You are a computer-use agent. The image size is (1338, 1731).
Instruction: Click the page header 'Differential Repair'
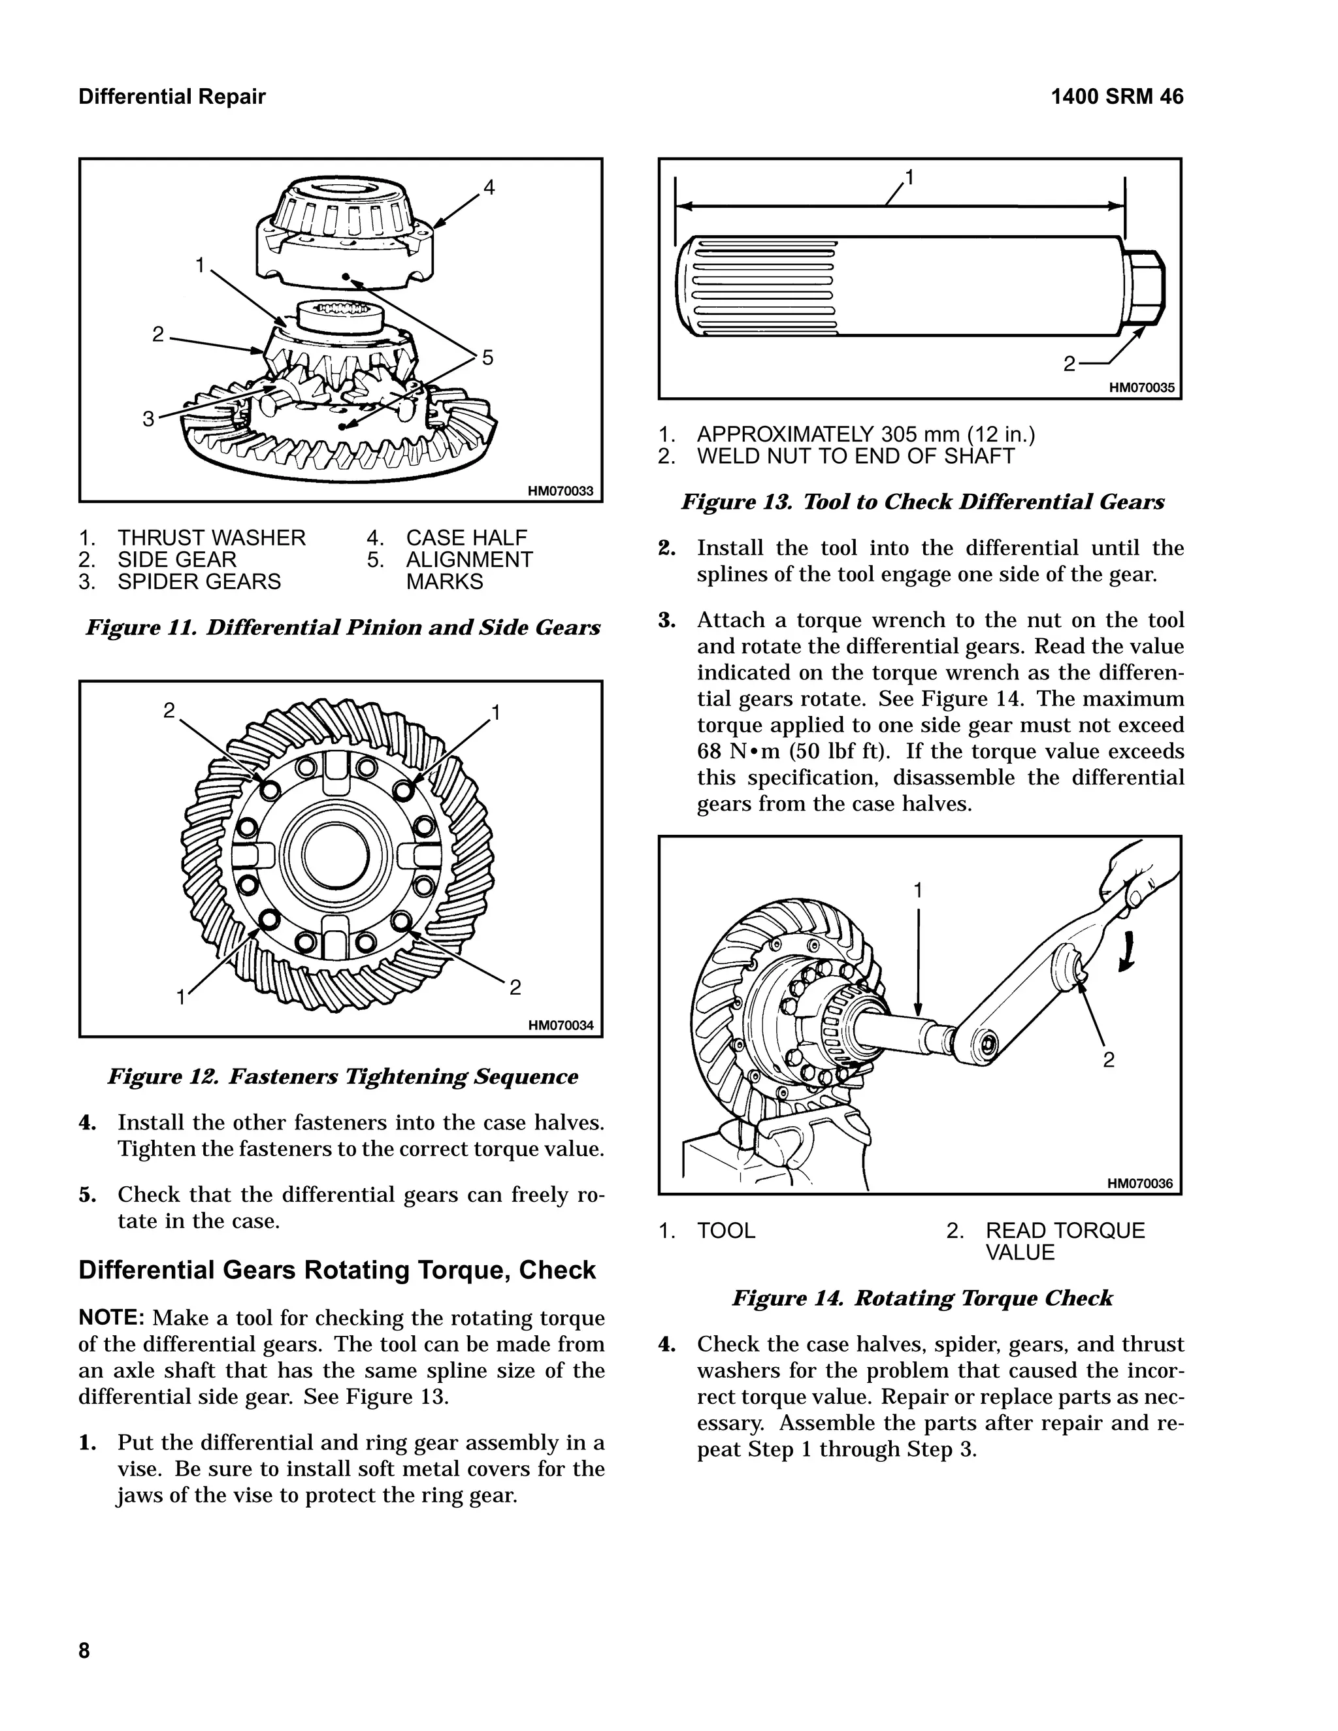[x=172, y=97]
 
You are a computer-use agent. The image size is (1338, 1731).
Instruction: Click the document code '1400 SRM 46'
[x=1116, y=97]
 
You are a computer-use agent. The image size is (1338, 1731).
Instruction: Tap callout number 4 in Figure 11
[x=489, y=188]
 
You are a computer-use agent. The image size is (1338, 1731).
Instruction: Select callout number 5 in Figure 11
[x=487, y=358]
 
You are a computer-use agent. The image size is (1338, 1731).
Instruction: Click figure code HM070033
[x=561, y=491]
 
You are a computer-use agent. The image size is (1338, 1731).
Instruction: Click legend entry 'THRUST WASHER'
[x=211, y=538]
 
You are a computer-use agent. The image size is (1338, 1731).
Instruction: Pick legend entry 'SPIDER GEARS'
[x=199, y=582]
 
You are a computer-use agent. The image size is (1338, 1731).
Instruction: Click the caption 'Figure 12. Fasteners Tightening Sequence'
[x=342, y=1076]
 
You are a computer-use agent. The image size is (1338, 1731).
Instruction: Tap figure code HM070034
[x=561, y=1026]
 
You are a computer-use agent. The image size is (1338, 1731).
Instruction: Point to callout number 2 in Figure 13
[x=1069, y=364]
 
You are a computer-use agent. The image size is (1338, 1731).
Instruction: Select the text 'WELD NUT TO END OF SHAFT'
[x=855, y=457]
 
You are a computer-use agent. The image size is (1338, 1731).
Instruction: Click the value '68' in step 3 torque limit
[x=710, y=751]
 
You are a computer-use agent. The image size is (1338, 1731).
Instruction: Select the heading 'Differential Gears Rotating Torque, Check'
[x=337, y=1270]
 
